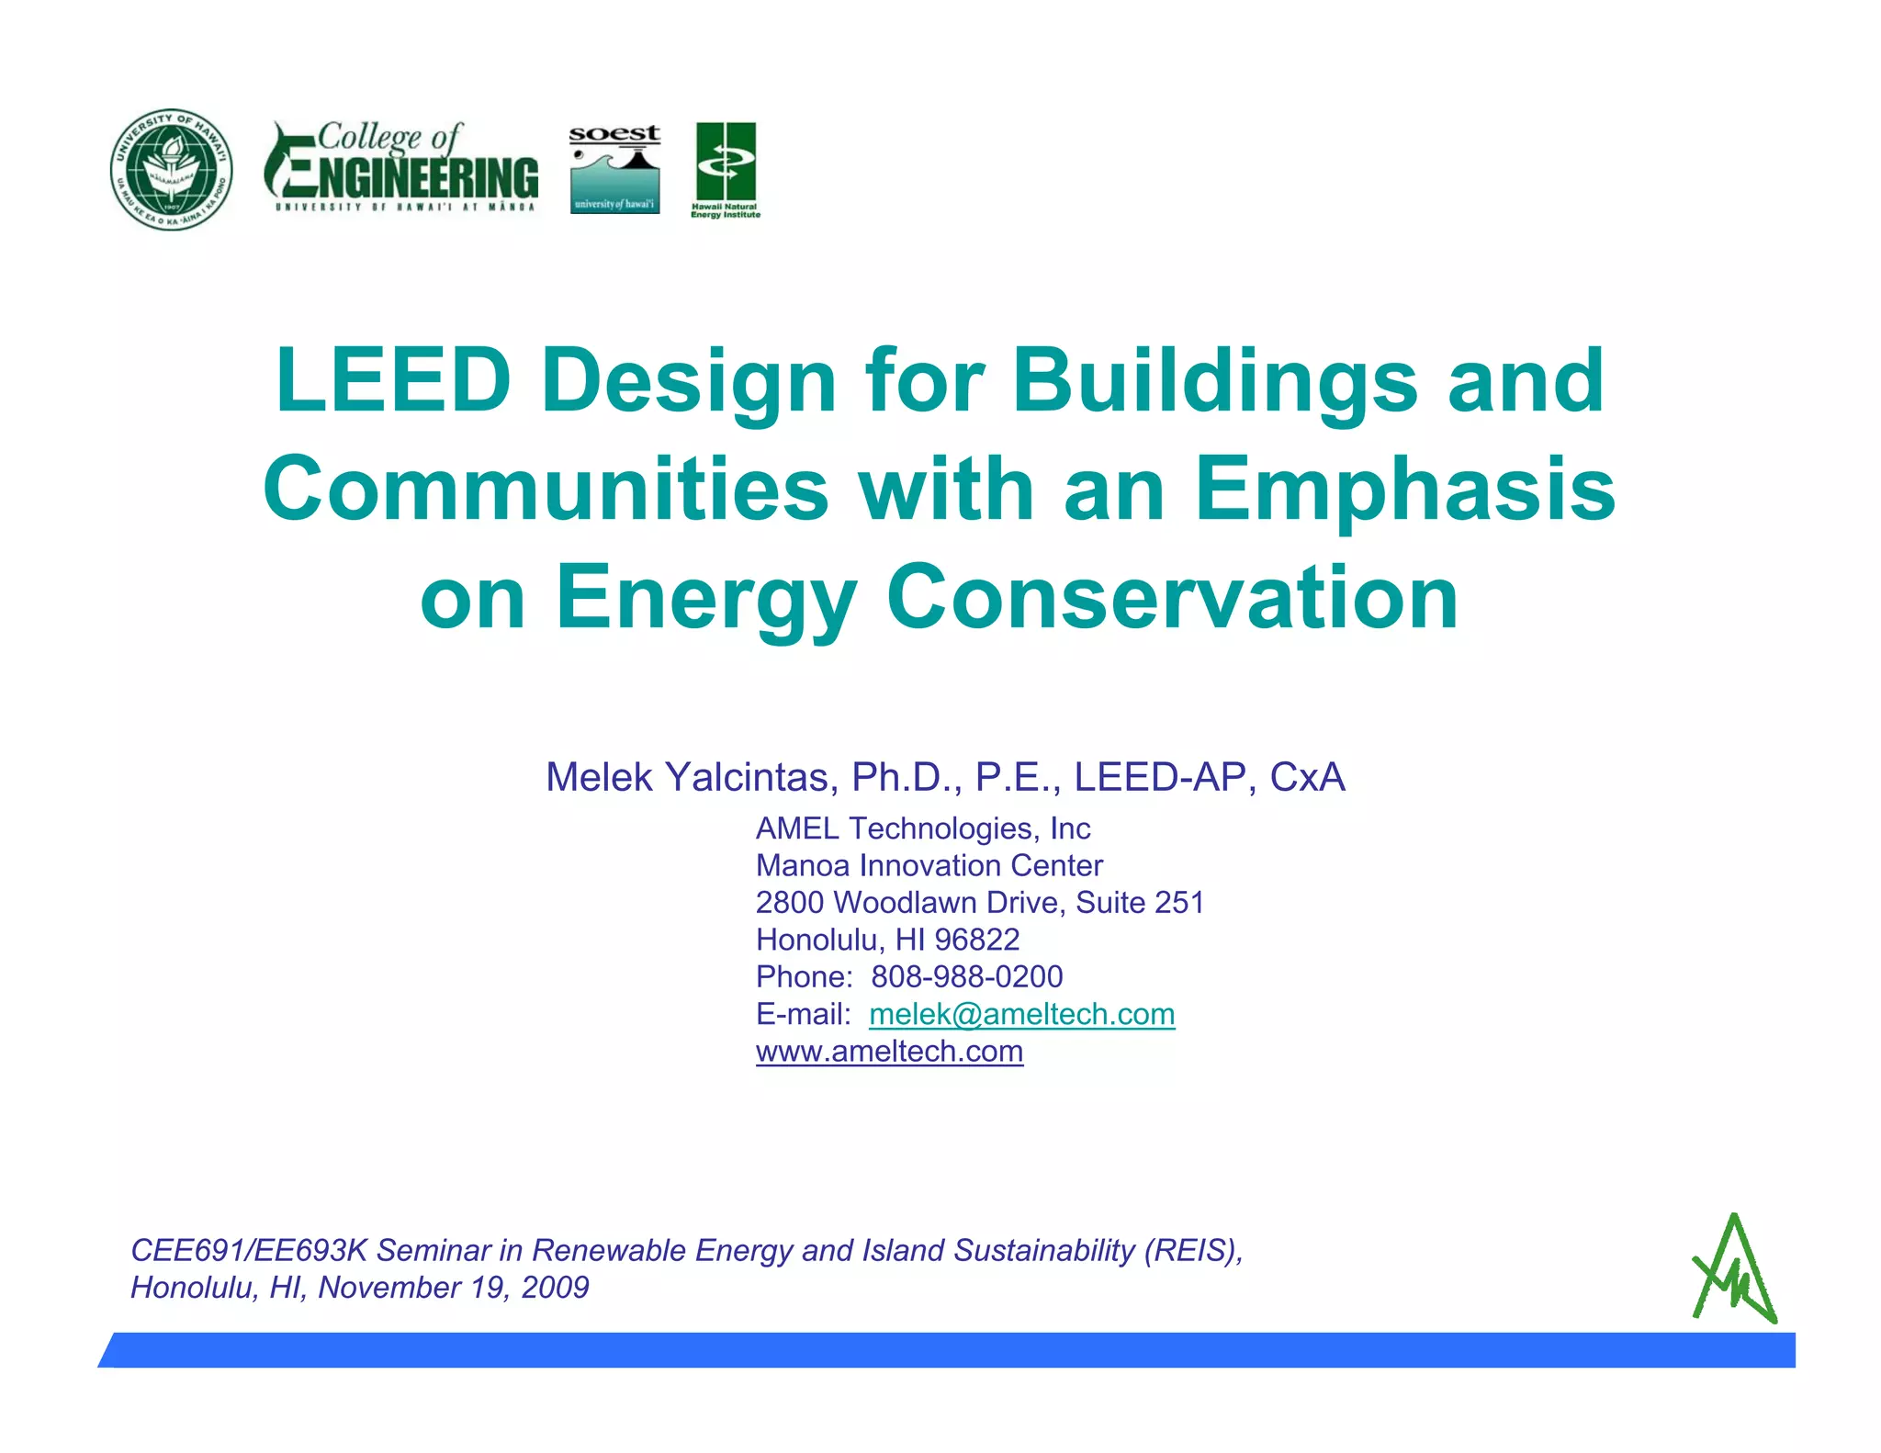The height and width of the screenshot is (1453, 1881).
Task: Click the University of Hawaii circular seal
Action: [172, 169]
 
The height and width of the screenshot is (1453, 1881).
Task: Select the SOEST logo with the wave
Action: [614, 170]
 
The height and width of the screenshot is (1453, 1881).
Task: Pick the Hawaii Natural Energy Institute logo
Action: [726, 170]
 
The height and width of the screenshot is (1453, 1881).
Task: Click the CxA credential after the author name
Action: [1307, 777]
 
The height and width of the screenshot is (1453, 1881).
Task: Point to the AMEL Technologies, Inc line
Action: [923, 828]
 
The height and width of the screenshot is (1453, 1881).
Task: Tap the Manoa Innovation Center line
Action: [929, 865]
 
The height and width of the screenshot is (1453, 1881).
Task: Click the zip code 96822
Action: [976, 940]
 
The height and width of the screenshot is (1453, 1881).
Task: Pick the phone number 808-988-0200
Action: [967, 976]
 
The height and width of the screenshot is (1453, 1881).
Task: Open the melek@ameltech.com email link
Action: [1021, 1014]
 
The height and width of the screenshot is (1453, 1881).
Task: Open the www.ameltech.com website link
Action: [889, 1051]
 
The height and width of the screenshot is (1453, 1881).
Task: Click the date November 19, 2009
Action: [454, 1288]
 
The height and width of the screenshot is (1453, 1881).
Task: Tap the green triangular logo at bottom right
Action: [1734, 1270]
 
